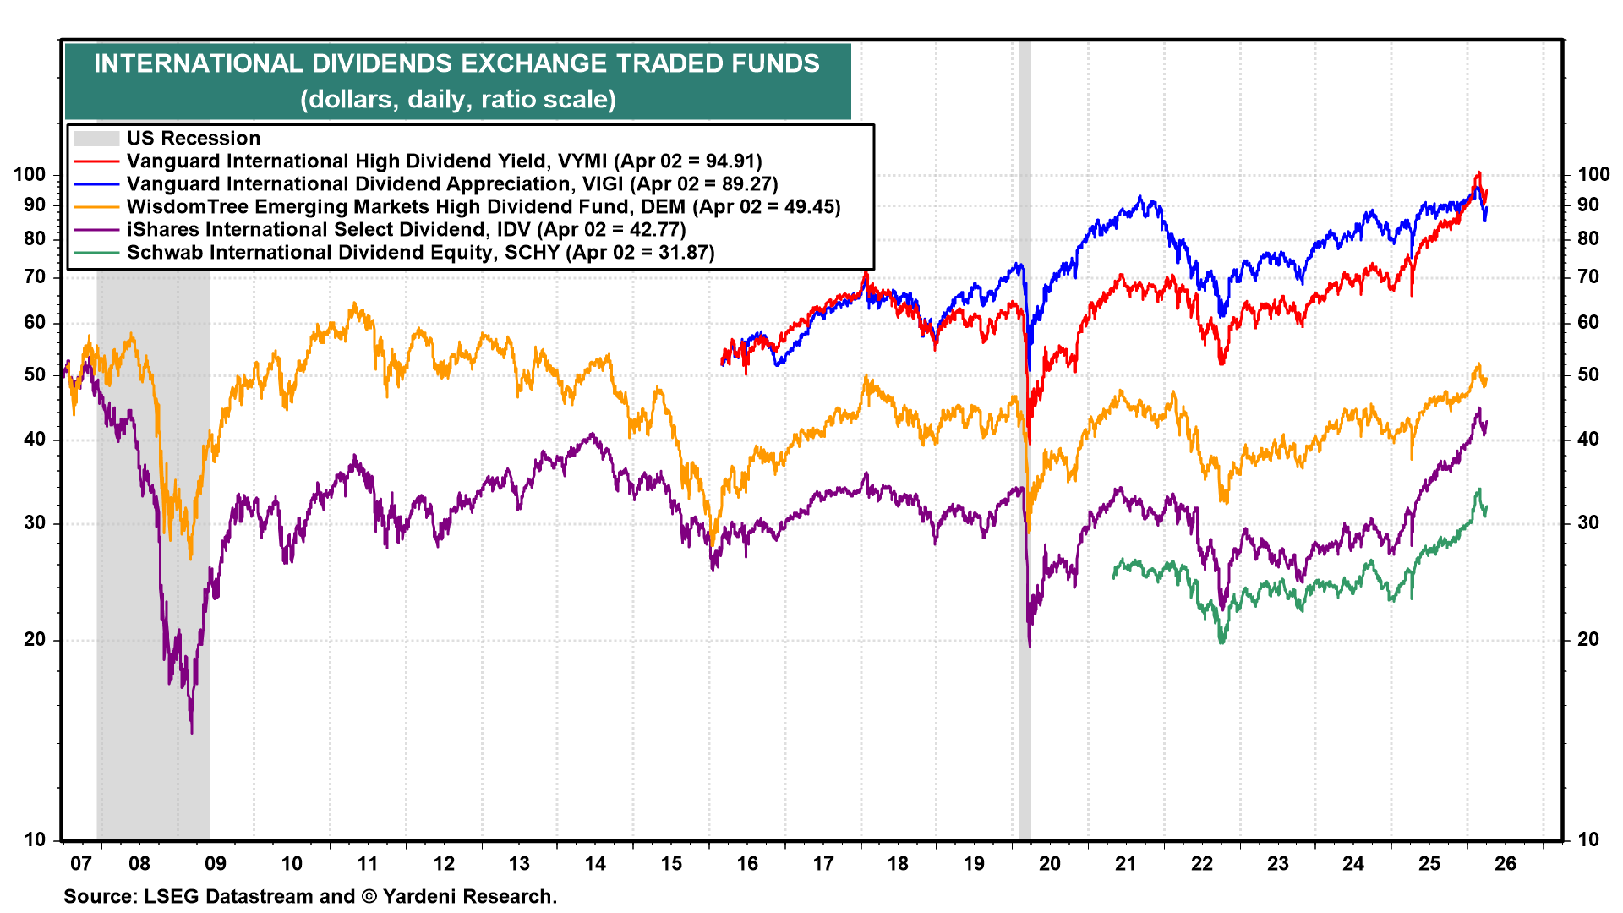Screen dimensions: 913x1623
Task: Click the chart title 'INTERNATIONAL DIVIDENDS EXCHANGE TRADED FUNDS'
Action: coord(456,64)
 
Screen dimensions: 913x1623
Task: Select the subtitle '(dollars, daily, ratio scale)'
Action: coord(457,100)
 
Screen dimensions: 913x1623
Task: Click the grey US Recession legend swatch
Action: coord(96,139)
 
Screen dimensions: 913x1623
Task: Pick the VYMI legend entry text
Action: coord(444,161)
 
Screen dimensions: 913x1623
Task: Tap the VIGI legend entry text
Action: coord(451,184)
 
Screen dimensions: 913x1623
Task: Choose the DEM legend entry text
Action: coord(484,207)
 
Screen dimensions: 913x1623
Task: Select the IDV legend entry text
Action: coord(406,230)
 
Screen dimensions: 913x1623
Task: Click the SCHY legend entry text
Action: coord(420,253)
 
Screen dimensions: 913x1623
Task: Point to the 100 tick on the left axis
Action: coord(30,175)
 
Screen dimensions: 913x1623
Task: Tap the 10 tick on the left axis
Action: coord(35,840)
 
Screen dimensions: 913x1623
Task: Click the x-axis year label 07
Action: coord(80,864)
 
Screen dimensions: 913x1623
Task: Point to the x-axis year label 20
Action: coord(1050,864)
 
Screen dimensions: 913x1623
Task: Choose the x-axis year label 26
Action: coord(1506,864)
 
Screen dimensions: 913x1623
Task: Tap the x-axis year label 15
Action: coord(671,864)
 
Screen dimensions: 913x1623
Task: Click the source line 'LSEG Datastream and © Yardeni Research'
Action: coord(309,897)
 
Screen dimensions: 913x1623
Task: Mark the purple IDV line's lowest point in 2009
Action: coord(192,732)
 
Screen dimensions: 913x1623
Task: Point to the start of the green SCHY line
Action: coord(1114,577)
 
